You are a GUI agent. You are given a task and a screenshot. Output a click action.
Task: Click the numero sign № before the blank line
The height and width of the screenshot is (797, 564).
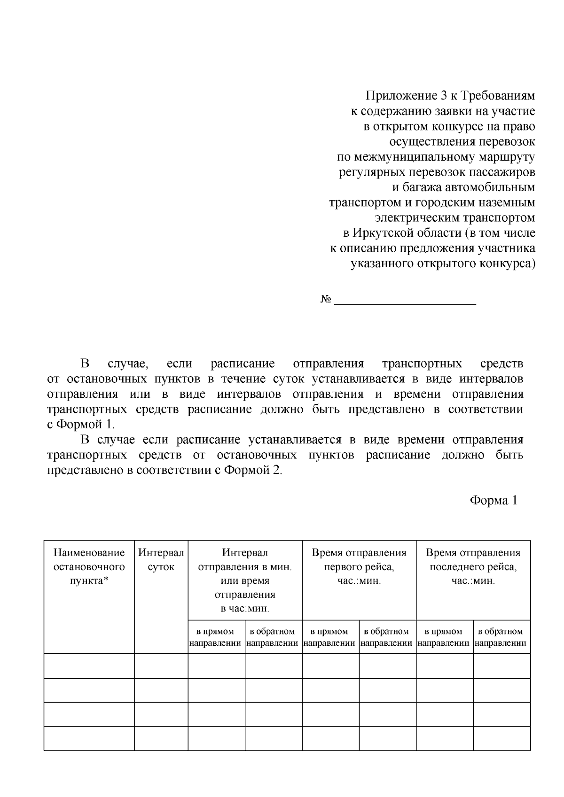(326, 300)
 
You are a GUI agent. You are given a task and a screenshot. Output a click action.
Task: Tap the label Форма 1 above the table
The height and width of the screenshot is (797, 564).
(493, 501)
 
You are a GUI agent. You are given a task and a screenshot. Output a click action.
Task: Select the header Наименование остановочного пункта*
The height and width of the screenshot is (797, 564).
(89, 566)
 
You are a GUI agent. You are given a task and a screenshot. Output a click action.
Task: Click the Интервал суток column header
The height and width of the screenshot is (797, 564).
(161, 559)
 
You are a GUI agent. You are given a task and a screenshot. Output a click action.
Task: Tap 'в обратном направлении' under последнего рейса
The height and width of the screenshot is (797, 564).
(501, 637)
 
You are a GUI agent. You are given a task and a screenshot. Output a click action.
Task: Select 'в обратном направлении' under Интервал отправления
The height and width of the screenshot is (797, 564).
(273, 637)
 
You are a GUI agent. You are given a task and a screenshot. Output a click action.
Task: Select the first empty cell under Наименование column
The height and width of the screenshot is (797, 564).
(89, 666)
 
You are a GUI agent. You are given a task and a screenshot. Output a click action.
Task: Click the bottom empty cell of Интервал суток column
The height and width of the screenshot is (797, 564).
(161, 738)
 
